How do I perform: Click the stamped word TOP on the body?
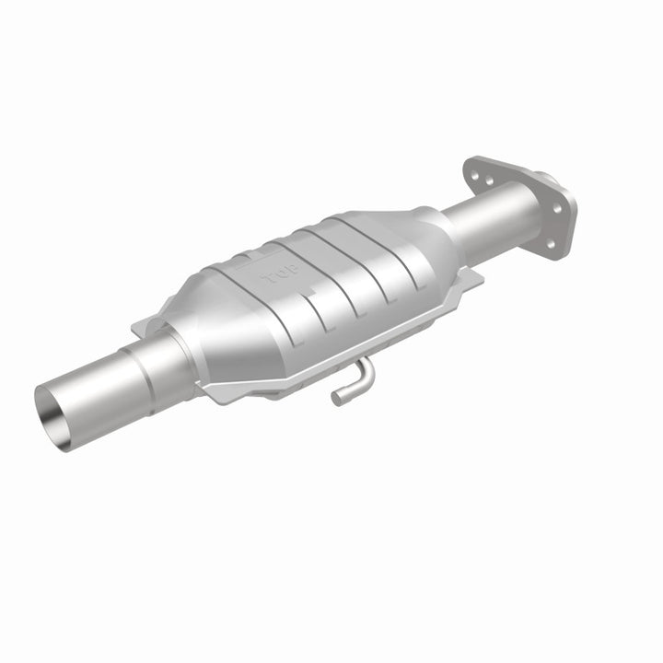(x=274, y=276)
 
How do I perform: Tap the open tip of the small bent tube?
(x=338, y=398)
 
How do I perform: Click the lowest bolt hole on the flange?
(x=551, y=243)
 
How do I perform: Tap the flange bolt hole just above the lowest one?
(x=556, y=208)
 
